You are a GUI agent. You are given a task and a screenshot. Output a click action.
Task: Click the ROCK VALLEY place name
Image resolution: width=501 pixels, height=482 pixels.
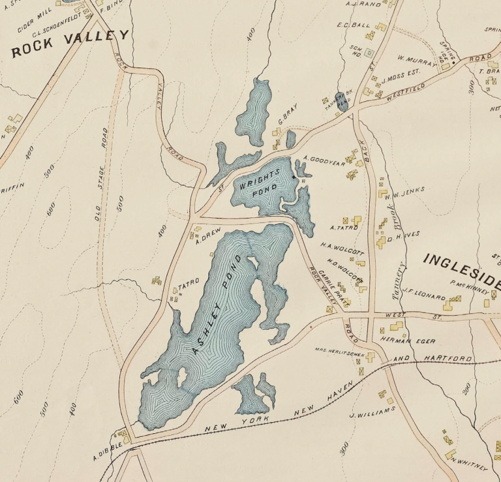coord(70,41)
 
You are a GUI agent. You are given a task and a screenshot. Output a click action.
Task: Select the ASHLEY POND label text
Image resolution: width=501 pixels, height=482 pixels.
coord(217,304)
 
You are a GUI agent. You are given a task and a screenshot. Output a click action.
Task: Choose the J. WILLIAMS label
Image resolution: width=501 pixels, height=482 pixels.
coord(372,413)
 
